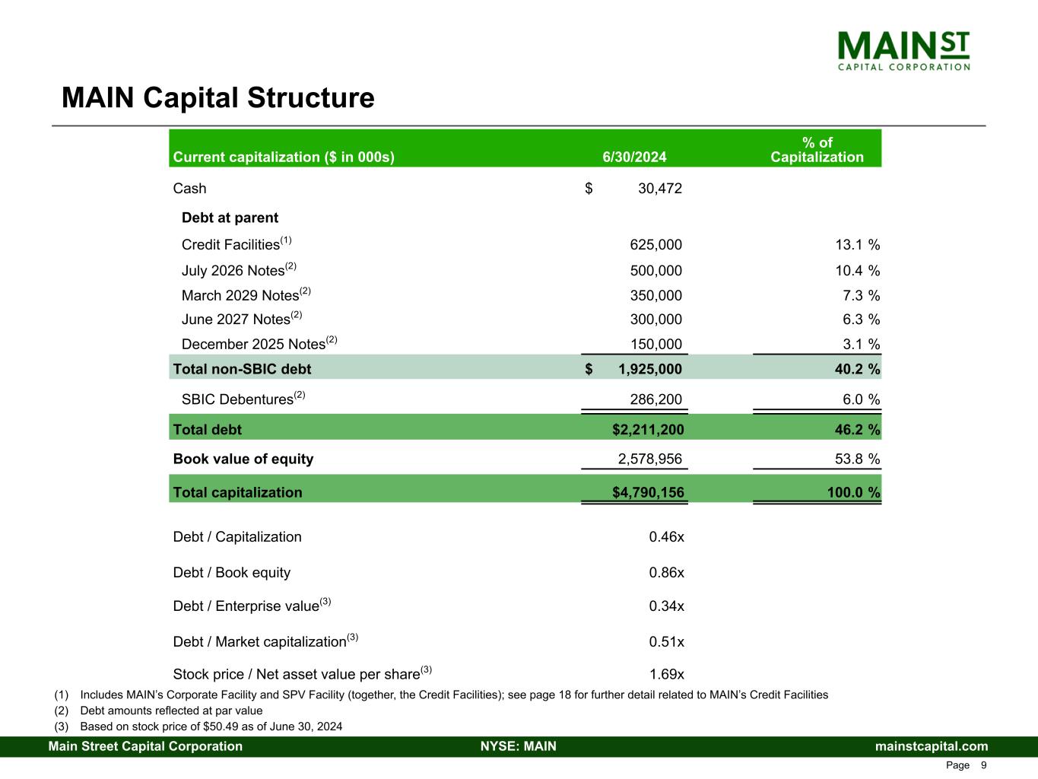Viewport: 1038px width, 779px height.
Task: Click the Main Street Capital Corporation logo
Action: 903,51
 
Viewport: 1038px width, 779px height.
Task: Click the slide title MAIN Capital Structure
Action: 217,98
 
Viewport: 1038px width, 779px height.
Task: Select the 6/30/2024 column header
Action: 634,157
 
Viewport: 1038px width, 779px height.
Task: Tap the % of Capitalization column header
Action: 817,150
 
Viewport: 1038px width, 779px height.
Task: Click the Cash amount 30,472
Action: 659,189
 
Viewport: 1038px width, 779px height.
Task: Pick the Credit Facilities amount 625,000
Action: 655,245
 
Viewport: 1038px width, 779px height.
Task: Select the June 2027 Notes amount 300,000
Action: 655,320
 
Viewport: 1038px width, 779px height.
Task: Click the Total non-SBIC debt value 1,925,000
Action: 649,370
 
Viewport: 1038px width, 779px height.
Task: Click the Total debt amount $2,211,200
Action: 648,430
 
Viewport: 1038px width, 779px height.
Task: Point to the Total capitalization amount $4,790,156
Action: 648,493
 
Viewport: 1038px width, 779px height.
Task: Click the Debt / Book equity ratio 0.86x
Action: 666,573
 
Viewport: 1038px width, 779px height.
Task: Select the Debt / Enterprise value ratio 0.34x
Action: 666,606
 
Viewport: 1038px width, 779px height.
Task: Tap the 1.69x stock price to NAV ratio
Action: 666,675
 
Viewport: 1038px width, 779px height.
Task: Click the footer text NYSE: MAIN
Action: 518,746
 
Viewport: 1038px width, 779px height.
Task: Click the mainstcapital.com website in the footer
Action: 932,746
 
